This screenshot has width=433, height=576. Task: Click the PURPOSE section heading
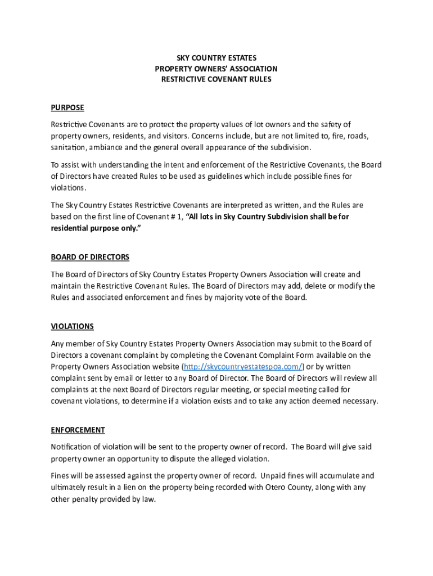pyautogui.click(x=67, y=107)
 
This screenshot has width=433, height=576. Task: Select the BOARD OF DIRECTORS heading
pyautogui.click(x=90, y=257)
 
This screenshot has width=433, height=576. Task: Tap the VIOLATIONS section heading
pyautogui.click(x=72, y=326)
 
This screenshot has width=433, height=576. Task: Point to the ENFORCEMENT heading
pyautogui.click(x=78, y=430)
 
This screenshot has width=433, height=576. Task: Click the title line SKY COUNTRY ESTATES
pyautogui.click(x=216, y=58)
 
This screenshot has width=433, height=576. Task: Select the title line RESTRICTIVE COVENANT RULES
pyautogui.click(x=216, y=79)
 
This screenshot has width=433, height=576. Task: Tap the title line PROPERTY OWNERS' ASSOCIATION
pyautogui.click(x=216, y=69)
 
